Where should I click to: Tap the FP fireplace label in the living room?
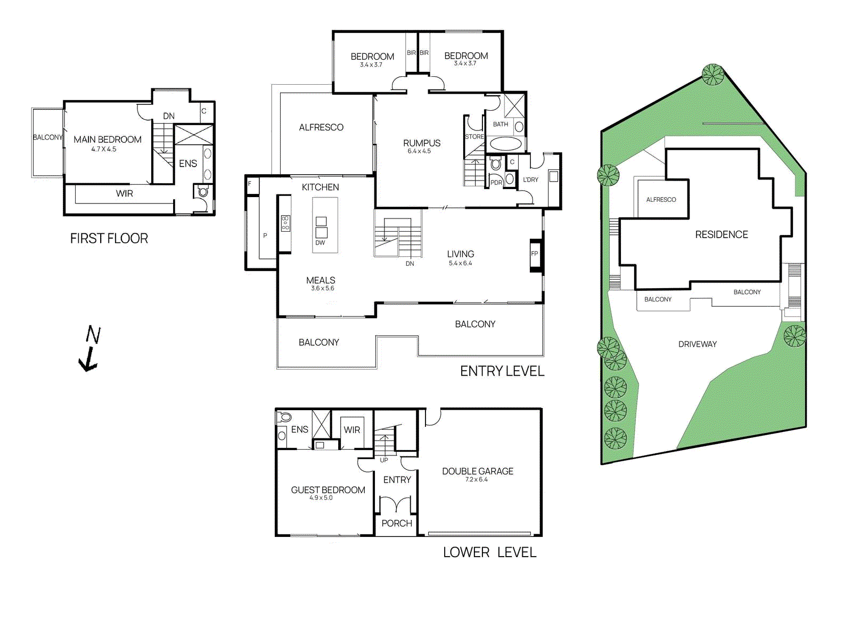coord(535,254)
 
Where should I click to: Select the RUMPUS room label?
coord(422,143)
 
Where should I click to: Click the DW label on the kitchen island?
coord(320,243)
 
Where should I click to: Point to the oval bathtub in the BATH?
coord(505,144)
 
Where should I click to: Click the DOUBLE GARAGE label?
coord(478,471)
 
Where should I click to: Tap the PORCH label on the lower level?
coord(397,524)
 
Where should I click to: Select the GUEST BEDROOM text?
coord(328,490)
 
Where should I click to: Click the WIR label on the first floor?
coord(125,194)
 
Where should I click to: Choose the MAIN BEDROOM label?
coord(108,140)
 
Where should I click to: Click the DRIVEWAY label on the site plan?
coord(698,345)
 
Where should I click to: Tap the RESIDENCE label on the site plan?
coord(722,235)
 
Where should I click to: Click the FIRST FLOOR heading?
coord(109,239)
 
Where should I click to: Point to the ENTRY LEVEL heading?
coord(502,371)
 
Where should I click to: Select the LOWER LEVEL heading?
coord(489,552)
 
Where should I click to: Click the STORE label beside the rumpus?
coord(474,137)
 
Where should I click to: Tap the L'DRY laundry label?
coord(530,180)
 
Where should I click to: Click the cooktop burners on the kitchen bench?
coord(285,223)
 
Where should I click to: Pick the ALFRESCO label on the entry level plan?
coord(321,127)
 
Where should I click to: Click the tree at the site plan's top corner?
coord(712,75)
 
